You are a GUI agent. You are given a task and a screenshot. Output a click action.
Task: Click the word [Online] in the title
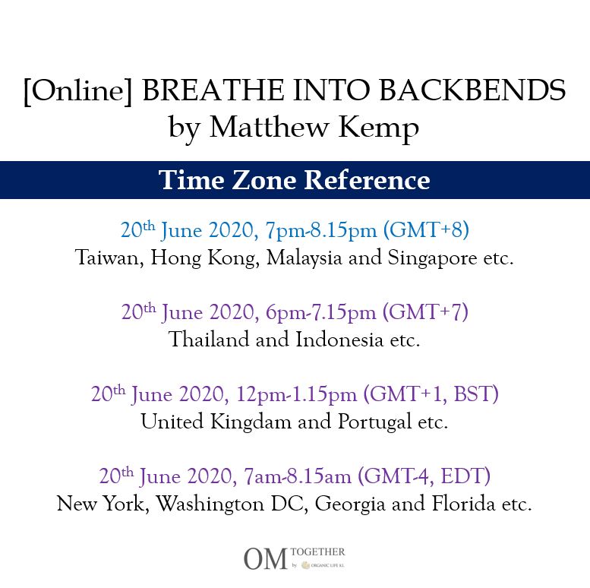[78, 90]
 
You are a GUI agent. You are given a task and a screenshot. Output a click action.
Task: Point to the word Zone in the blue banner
[264, 180]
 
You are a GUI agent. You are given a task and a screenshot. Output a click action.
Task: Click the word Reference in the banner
[367, 180]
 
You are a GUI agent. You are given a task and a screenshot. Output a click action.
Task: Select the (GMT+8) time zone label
[426, 229]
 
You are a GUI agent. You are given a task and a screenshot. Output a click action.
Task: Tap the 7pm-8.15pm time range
[321, 230]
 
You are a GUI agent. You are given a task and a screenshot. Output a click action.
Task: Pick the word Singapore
[432, 258]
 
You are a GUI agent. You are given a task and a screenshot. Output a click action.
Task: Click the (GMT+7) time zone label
[425, 311]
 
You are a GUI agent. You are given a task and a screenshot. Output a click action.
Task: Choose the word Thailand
[209, 339]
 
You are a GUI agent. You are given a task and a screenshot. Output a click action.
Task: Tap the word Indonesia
[339, 339]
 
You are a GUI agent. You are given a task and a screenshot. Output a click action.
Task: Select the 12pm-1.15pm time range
[296, 394]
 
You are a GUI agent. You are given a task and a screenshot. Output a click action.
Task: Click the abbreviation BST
[473, 394]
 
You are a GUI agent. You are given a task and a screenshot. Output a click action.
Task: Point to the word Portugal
[374, 422]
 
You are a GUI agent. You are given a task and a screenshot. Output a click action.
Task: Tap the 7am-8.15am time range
[297, 476]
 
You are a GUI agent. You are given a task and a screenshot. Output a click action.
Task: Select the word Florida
[463, 504]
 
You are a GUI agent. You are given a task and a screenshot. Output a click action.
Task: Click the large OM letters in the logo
[266, 559]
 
